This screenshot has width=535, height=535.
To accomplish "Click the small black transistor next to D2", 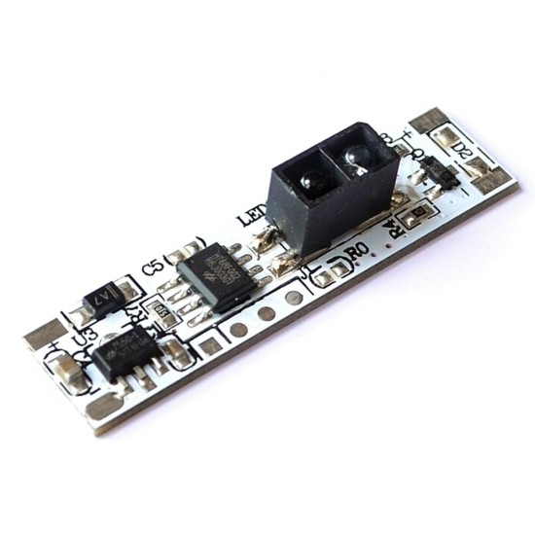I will pyautogui.click(x=440, y=176).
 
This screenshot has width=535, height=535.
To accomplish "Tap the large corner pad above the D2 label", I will pyautogui.click(x=429, y=120).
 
